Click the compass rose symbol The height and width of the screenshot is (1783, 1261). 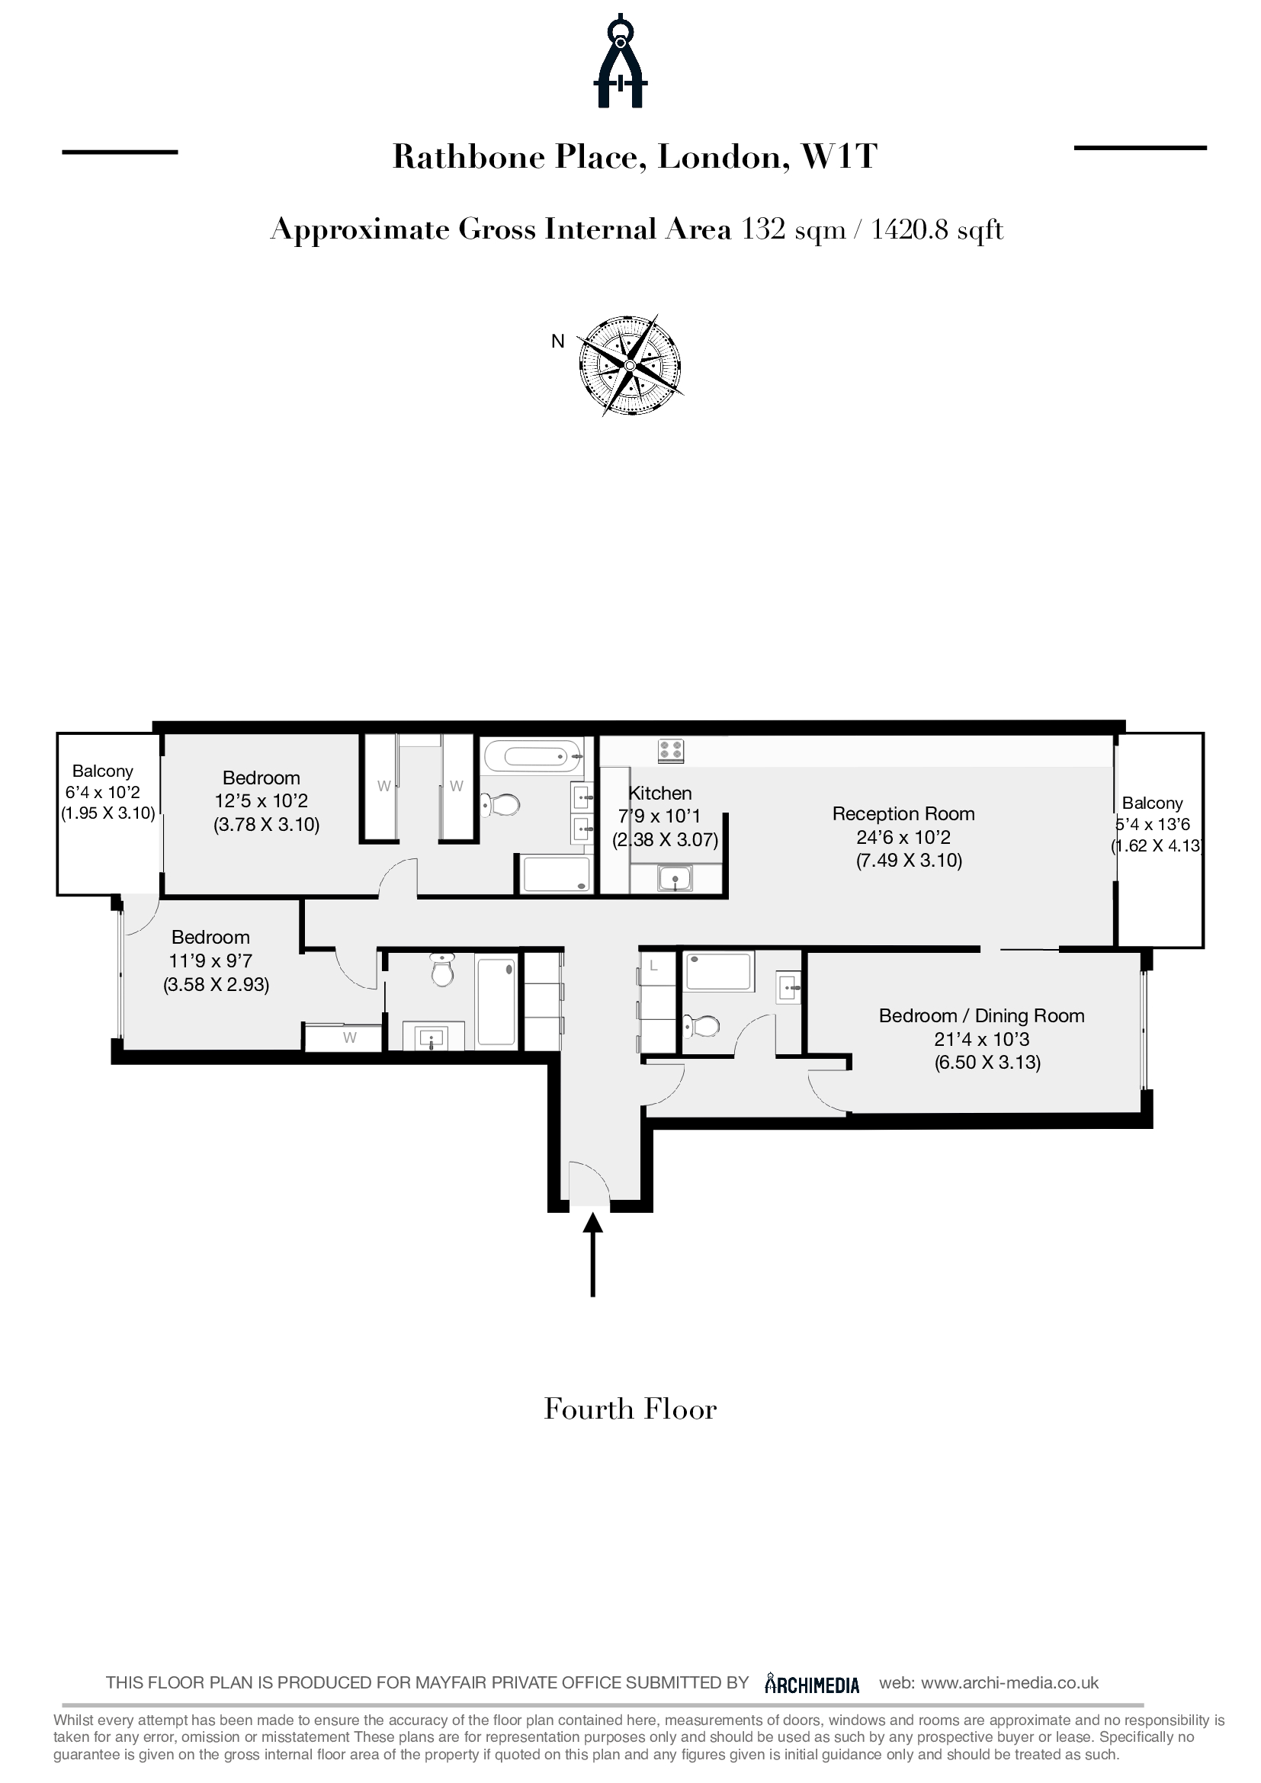(630, 365)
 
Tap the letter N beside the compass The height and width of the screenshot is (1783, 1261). (557, 341)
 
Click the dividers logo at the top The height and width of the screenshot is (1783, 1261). (621, 59)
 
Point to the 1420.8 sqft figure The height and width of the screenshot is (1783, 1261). (937, 230)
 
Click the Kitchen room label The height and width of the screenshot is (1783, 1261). (660, 793)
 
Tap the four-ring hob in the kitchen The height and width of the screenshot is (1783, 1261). (671, 751)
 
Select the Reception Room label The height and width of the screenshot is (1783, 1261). (903, 814)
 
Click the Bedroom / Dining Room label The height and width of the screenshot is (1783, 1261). (981, 1015)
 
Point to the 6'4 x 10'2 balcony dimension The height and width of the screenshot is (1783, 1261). (102, 793)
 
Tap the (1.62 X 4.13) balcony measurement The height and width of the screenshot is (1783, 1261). (1157, 845)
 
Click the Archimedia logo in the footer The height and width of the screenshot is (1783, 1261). (812, 1683)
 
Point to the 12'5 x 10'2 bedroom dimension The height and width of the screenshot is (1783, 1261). (262, 800)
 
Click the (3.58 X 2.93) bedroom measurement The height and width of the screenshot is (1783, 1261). (216, 985)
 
